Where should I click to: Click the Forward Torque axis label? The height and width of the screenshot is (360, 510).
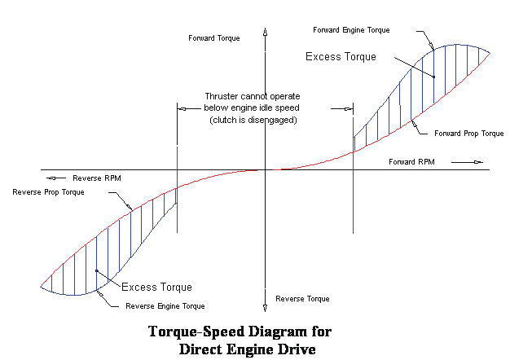tap(214, 38)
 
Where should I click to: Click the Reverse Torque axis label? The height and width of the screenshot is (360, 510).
tap(302, 299)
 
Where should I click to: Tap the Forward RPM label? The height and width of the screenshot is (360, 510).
tap(411, 162)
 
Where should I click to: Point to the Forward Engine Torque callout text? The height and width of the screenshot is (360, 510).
tap(351, 30)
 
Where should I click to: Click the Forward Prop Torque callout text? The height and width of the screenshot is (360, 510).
tap(469, 133)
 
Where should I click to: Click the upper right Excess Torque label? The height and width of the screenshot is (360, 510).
tap(341, 57)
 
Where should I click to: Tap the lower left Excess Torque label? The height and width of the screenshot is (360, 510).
tap(156, 287)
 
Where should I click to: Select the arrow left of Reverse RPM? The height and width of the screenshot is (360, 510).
tap(55, 178)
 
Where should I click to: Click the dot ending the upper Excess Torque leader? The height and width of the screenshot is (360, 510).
tap(434, 77)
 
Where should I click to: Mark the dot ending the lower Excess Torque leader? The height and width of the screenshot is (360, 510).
tap(96, 270)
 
